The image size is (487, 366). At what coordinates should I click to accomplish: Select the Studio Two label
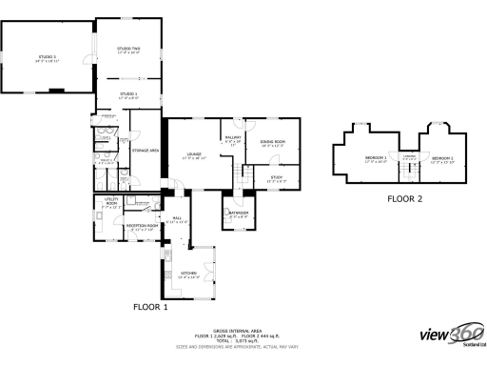tap(128, 51)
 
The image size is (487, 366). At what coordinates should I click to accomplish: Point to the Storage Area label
tap(145, 151)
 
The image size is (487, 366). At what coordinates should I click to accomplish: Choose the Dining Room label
tap(273, 143)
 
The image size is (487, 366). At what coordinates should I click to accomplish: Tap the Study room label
tap(276, 177)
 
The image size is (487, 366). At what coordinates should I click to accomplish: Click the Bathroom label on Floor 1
tap(238, 214)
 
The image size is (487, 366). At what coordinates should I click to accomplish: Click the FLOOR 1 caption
tap(149, 308)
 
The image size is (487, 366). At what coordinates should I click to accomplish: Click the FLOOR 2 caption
tap(404, 199)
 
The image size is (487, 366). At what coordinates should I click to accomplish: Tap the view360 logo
tap(452, 335)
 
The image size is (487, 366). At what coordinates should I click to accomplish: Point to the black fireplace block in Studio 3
tap(58, 90)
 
